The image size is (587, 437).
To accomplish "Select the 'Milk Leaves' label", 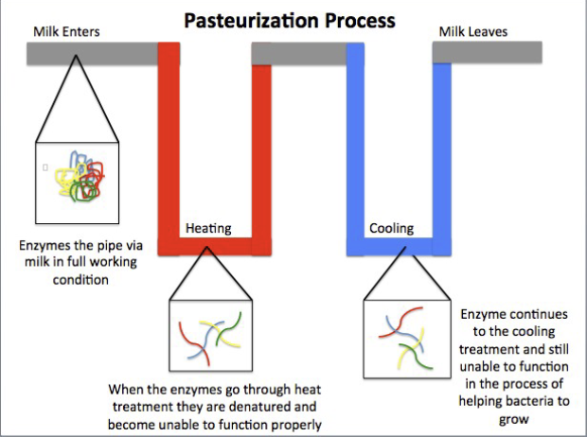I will click(472, 31).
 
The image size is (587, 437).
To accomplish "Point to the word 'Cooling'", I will click(391, 228).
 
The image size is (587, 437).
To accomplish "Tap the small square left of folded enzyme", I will click(44, 166).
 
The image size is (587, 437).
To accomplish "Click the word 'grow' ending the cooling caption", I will click(514, 421).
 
